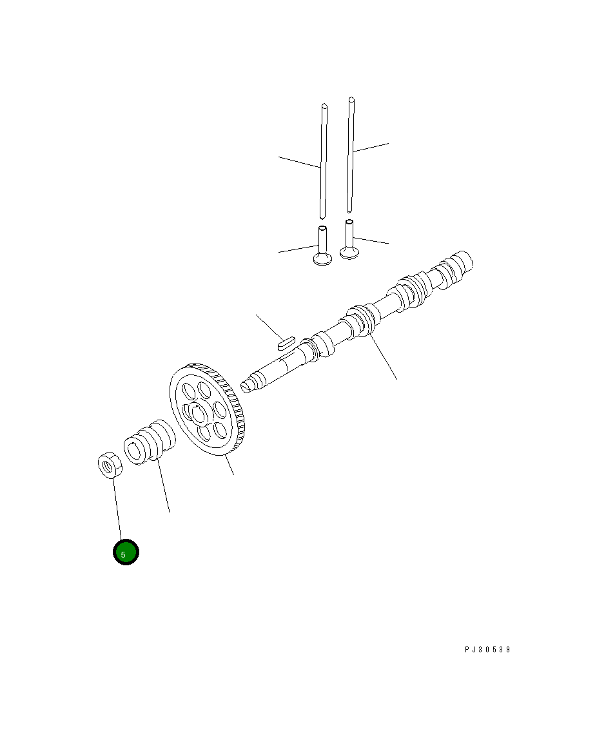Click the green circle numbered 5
pos(126,552)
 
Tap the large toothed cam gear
pos(208,410)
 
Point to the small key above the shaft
pos(287,342)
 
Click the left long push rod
pos(324,161)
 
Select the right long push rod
pos(351,154)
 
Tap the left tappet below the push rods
pos(322,245)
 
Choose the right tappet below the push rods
pos(349,239)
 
